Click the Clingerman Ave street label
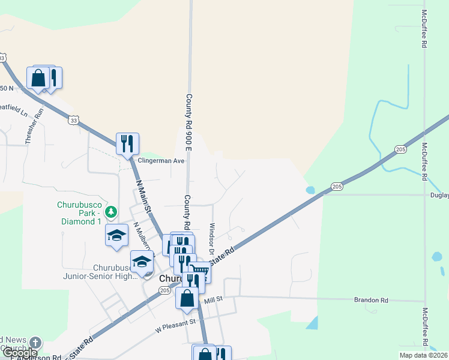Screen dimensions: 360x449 [x=161, y=161]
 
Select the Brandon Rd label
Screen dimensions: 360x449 [x=371, y=300]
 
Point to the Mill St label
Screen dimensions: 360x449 [x=213, y=298]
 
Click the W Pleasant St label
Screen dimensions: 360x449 [x=176, y=325]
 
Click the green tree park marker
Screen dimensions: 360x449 [x=110, y=212]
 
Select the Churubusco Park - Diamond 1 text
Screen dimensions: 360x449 [x=79, y=212]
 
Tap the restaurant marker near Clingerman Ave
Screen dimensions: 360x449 [x=127, y=144]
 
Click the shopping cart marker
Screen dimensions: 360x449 [x=200, y=272]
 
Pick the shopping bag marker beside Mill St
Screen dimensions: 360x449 [x=187, y=298]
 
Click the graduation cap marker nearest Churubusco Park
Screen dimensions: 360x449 [x=116, y=235]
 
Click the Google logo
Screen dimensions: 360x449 [x=20, y=353]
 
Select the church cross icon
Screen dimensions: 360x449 [x=35, y=343]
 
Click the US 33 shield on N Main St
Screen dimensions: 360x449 [x=73, y=120]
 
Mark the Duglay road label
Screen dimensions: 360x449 [x=439, y=195]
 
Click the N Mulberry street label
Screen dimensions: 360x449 [x=143, y=237]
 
